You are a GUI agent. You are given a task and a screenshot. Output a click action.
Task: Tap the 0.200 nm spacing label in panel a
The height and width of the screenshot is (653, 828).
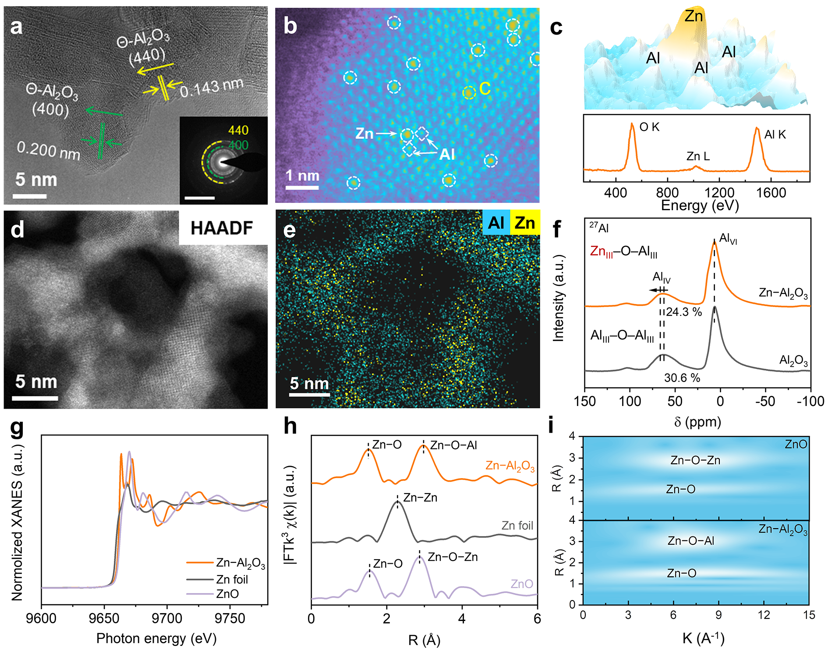[48, 151]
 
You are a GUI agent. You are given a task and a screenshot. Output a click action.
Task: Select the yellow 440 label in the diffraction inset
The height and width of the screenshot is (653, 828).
[238, 130]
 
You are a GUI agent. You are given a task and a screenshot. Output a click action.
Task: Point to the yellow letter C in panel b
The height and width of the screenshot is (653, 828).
[485, 89]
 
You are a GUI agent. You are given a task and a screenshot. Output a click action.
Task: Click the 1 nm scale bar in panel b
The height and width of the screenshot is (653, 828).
[302, 187]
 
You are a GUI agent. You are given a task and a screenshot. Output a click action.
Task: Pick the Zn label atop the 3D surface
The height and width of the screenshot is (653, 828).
[694, 16]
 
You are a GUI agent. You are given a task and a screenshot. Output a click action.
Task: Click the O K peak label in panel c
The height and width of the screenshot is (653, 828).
[649, 127]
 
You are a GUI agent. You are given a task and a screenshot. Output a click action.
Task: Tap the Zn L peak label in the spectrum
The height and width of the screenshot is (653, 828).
[698, 156]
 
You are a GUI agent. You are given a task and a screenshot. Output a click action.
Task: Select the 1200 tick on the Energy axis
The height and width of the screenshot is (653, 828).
[719, 193]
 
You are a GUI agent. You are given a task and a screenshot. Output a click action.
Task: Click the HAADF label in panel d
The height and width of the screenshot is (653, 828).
[222, 228]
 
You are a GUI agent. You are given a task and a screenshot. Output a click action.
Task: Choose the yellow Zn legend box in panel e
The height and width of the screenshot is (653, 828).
[525, 223]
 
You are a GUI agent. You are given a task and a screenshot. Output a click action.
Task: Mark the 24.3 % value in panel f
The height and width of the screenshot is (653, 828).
[684, 312]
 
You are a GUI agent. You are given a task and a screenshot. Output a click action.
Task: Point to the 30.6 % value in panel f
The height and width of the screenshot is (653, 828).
[682, 378]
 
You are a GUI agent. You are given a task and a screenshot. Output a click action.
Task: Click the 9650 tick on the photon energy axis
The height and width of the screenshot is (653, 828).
[104, 618]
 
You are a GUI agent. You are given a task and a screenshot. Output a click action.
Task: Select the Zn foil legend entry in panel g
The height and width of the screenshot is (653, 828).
[232, 579]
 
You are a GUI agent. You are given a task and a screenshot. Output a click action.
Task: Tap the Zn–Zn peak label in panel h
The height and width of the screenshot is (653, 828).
[420, 498]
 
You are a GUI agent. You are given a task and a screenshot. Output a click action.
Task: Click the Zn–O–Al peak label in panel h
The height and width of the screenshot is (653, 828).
[453, 445]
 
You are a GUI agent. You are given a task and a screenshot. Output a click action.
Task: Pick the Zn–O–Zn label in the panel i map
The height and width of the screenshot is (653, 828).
[695, 460]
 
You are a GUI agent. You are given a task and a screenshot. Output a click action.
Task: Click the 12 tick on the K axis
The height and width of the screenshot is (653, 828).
[764, 615]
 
